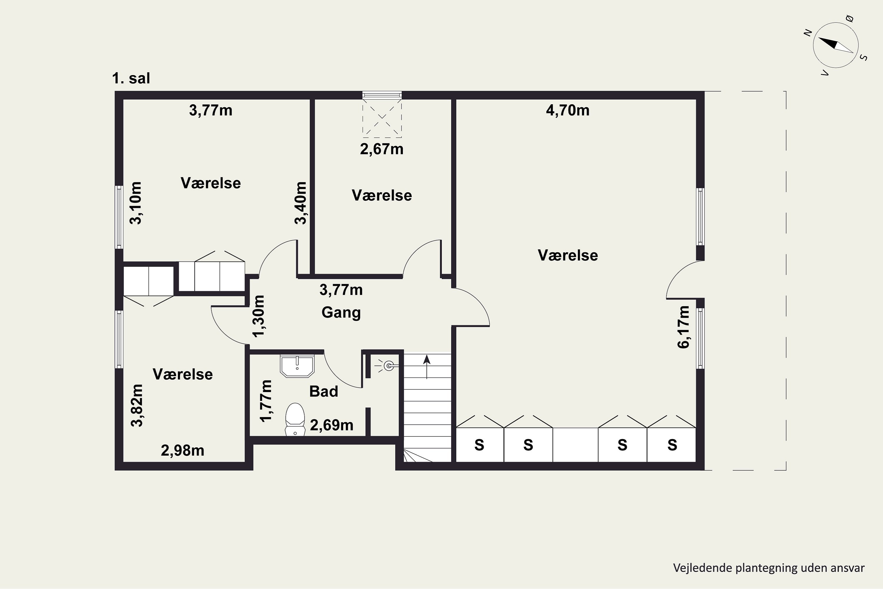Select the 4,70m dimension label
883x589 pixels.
coord(568,110)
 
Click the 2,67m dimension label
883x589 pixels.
coord(382,149)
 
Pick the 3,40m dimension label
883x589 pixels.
coord(300,203)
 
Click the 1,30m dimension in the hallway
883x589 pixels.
coord(258,316)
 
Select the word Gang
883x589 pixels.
coord(341,312)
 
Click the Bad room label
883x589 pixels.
coord(323,391)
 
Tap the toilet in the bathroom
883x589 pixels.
coord(295,419)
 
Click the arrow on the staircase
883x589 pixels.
coord(426,367)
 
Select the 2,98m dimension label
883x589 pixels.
coord(182,450)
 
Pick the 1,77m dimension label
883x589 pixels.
coord(266,401)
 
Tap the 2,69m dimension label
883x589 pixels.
coord(331,425)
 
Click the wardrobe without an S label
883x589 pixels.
coord(575,445)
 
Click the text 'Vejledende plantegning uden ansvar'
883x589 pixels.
coord(769,568)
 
